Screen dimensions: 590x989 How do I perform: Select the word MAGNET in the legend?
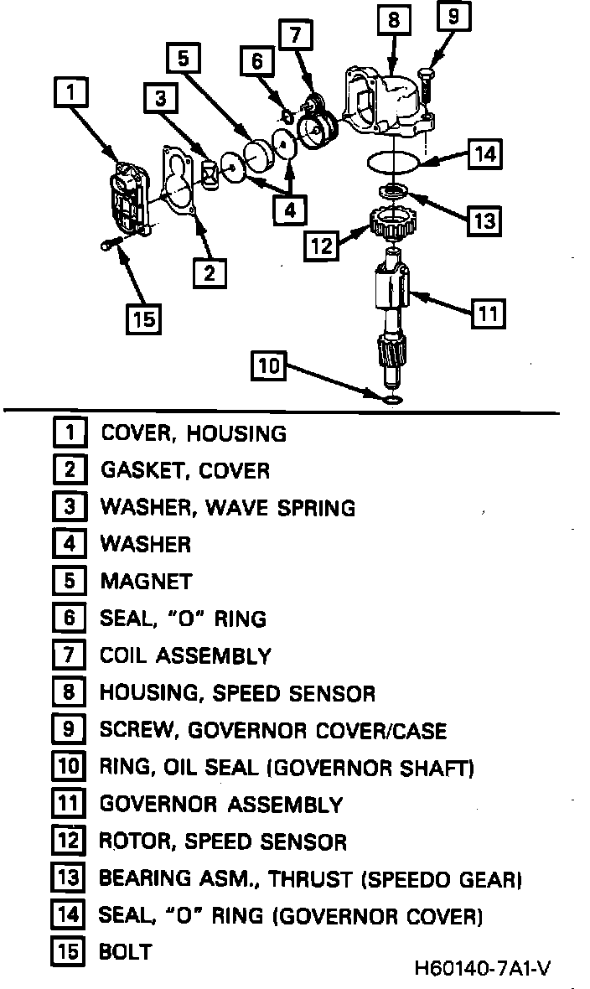click(x=146, y=581)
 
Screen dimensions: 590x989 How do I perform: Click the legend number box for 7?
click(x=69, y=655)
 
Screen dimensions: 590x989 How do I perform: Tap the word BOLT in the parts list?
click(x=126, y=951)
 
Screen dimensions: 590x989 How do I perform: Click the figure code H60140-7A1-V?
click(x=482, y=969)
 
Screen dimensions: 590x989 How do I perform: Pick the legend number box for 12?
click(x=69, y=841)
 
